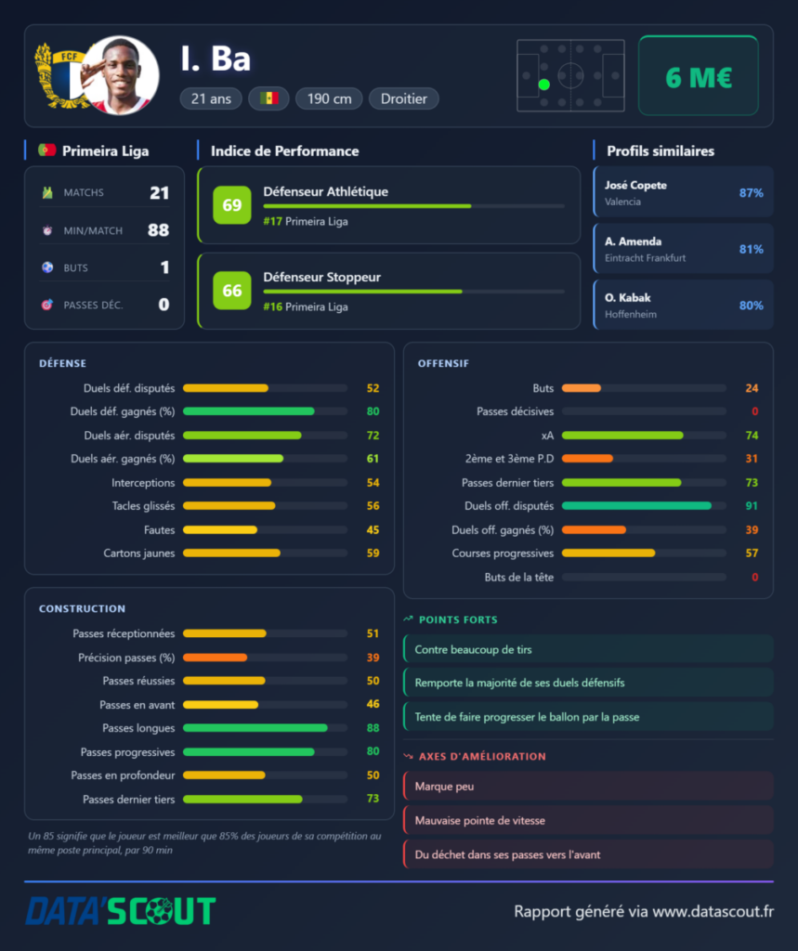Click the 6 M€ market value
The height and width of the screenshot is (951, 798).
(x=699, y=77)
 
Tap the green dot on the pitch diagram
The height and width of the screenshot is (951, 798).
(x=543, y=85)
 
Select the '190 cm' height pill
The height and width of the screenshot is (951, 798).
(x=329, y=98)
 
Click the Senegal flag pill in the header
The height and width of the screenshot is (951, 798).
(x=268, y=98)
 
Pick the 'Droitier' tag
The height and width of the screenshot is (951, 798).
(x=403, y=98)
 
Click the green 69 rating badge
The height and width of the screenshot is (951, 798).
(x=232, y=205)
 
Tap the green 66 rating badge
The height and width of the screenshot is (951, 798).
(x=232, y=291)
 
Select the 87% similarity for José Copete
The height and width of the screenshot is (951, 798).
(x=751, y=193)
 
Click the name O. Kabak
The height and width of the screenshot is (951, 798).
(x=627, y=298)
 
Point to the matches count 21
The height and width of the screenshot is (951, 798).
(x=159, y=193)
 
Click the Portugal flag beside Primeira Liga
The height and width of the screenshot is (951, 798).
(x=46, y=150)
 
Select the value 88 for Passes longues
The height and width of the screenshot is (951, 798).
(x=373, y=728)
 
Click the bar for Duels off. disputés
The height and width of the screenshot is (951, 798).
(x=644, y=506)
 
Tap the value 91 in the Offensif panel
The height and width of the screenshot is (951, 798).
(x=752, y=506)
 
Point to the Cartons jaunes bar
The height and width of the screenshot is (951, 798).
(x=265, y=554)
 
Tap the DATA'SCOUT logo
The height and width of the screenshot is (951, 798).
(x=120, y=910)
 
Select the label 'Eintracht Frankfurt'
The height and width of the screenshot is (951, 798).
(x=645, y=258)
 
